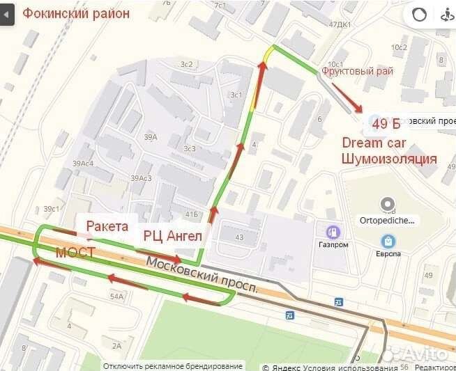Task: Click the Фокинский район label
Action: (x=76, y=13)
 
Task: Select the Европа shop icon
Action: (x=388, y=241)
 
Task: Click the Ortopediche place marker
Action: (x=387, y=205)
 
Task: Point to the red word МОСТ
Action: (x=75, y=252)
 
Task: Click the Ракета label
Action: (x=107, y=226)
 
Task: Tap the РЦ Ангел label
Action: (x=172, y=235)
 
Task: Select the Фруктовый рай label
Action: (x=357, y=71)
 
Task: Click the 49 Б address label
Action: (x=386, y=124)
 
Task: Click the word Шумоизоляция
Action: (x=388, y=159)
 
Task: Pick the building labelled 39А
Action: (x=151, y=137)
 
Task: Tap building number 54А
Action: (x=116, y=297)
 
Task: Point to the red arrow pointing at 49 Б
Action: (x=347, y=98)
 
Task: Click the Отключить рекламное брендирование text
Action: (x=172, y=366)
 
